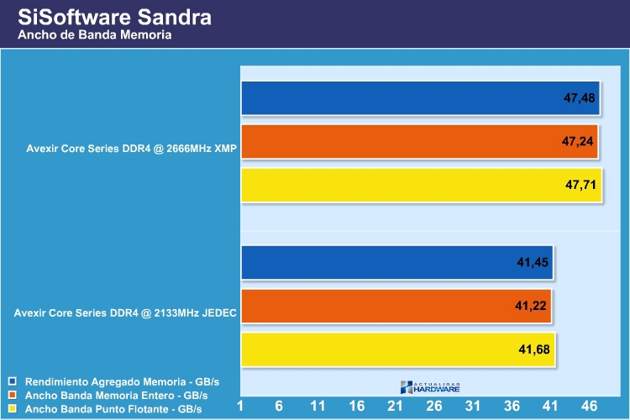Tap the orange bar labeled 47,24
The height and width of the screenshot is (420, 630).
[421, 142]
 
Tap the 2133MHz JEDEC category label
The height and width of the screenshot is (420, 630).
[125, 314]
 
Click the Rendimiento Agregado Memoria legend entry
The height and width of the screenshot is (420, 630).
[116, 380]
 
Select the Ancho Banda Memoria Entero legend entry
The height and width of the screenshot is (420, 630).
[116, 394]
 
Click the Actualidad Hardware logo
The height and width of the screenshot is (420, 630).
[430, 386]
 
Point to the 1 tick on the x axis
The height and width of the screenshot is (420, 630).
[240, 406]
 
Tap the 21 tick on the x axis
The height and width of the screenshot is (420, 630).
[396, 406]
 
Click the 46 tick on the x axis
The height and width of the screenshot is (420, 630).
[589, 406]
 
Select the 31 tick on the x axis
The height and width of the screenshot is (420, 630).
[473, 406]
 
